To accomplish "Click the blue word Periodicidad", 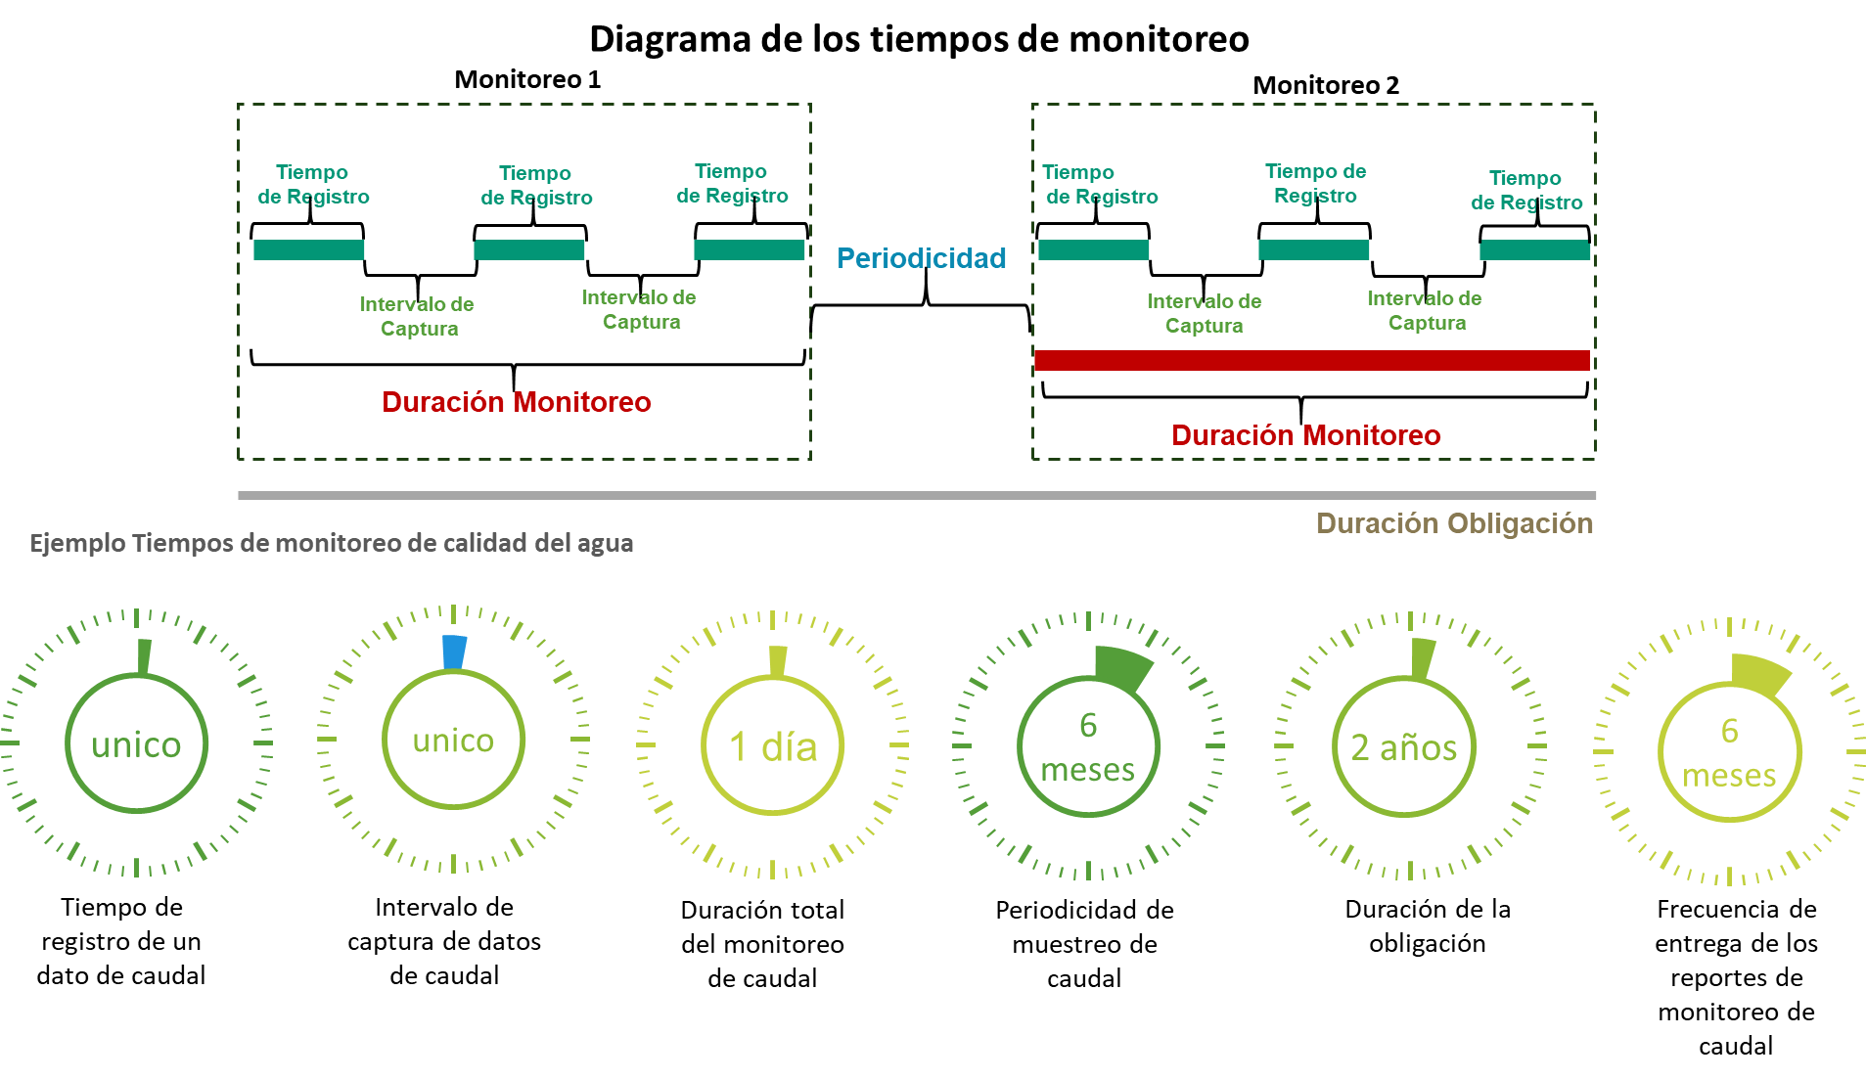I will tap(921, 258).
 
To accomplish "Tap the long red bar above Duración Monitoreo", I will tap(1311, 360).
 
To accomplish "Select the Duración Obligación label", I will tap(1454, 523).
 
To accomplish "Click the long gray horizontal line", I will tap(916, 495).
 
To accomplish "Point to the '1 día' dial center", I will tap(773, 746).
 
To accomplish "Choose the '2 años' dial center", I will tap(1404, 747).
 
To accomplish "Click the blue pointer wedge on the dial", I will tap(454, 652).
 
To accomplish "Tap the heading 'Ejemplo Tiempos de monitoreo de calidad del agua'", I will tap(331, 543).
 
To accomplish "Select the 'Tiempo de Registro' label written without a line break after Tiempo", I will tap(1315, 183).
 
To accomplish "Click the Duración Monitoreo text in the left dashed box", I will tap(516, 402).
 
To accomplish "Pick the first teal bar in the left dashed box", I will tap(309, 249).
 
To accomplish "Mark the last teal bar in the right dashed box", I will tap(1534, 250).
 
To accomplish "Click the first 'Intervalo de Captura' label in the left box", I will tap(417, 316).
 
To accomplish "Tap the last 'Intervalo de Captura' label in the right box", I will tap(1425, 310).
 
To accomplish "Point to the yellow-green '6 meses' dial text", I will tap(1730, 753).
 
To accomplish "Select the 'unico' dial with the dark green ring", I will tap(136, 744).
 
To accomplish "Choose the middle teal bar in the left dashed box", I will tap(529, 249).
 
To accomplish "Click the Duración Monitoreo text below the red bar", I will tap(1305, 435).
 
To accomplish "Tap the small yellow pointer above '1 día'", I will tap(777, 660).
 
